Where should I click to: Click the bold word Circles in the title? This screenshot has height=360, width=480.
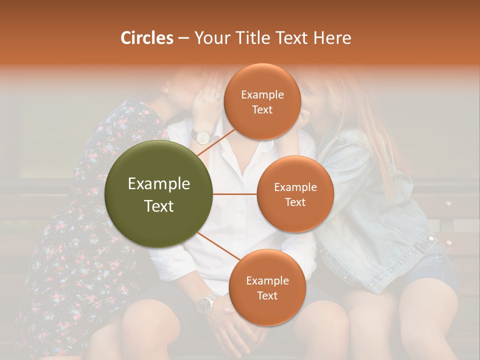146,38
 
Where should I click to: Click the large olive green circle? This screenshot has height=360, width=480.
159,194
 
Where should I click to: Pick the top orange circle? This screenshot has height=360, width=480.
262,101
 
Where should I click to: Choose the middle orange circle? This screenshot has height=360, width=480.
295,194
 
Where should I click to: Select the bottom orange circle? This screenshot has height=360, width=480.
267,287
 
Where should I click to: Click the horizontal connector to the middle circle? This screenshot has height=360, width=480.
235,194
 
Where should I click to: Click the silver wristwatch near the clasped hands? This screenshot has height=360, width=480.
205,303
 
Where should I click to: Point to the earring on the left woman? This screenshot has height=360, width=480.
164,89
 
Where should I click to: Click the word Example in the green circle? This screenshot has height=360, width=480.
159,184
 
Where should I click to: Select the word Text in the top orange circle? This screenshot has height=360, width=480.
262,109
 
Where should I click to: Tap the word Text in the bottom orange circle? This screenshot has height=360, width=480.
267,295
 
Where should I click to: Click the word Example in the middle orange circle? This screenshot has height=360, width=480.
295,187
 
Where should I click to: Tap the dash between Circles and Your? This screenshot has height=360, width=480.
183,38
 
